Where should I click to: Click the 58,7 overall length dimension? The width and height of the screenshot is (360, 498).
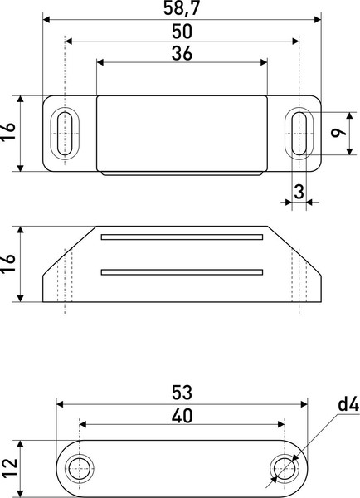tap(181, 8)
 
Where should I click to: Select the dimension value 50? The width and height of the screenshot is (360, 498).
tap(181, 32)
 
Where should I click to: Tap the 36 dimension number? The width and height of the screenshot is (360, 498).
tap(182, 53)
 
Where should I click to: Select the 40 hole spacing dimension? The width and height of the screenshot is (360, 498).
tap(181, 413)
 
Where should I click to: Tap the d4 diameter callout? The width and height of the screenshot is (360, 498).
tap(347, 406)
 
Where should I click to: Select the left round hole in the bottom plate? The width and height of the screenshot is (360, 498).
tap(80, 468)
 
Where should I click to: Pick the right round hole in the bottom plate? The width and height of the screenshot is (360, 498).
tap(283, 468)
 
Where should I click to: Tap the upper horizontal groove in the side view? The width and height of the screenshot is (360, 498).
tap(181, 237)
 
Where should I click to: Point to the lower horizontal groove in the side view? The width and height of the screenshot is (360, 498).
tap(181, 271)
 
